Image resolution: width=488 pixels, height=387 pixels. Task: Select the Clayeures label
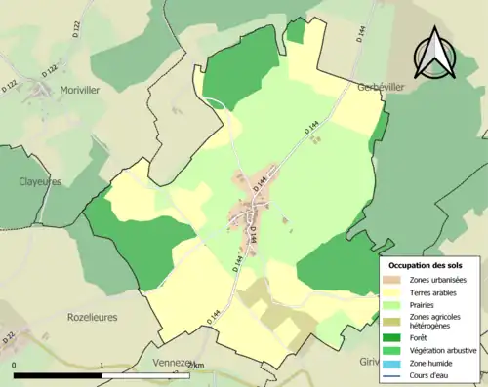pos(39,181)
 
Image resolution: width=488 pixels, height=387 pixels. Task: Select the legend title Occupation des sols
pos(426,265)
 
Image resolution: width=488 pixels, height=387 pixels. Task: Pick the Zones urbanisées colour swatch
pos(395,279)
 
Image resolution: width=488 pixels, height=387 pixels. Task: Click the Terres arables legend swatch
pos(395,291)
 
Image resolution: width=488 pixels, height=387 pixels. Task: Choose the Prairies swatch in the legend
pos(395,304)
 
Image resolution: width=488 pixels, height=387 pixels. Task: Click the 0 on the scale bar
pos(15,366)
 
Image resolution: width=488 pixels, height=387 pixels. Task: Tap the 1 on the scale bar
pos(102,366)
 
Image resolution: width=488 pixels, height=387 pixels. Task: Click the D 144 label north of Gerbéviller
pos(361,31)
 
